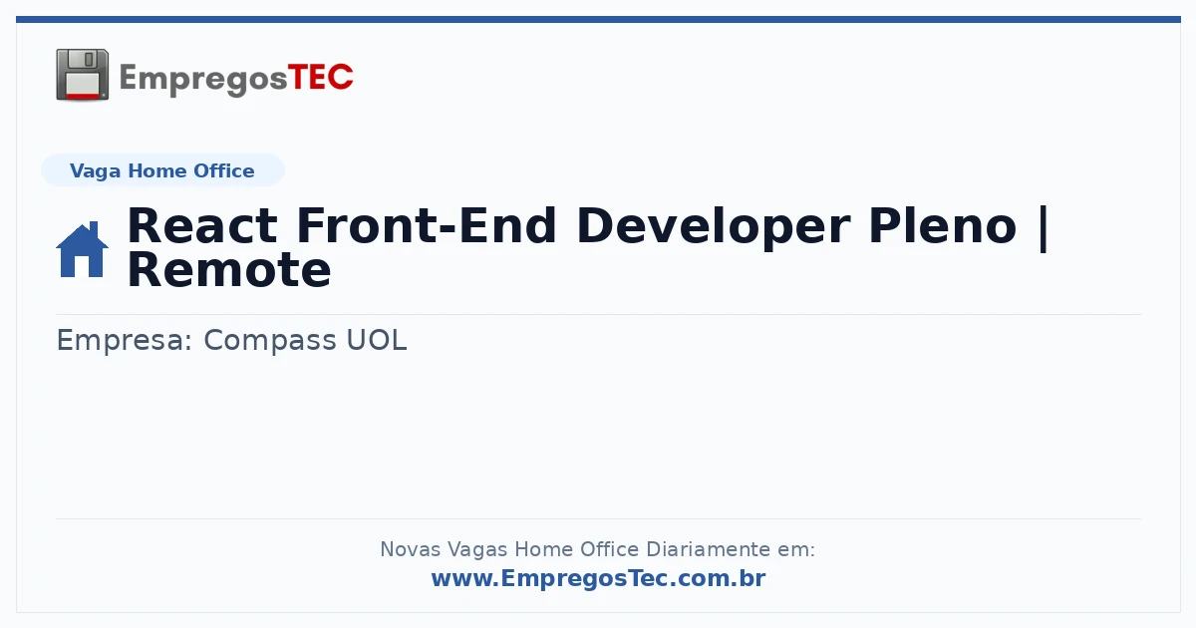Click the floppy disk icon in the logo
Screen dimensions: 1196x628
[82, 75]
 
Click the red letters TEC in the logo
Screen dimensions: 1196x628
[320, 78]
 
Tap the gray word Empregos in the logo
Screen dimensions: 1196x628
[203, 80]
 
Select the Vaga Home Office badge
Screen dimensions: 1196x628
[162, 170]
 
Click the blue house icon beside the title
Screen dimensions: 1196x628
[82, 249]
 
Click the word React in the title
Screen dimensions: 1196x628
[202, 226]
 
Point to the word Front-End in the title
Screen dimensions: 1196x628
[427, 226]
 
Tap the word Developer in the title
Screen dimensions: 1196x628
[714, 227]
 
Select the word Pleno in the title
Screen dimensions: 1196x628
[943, 226]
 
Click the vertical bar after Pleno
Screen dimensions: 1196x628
[1044, 227]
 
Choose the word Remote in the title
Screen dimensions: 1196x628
[229, 271]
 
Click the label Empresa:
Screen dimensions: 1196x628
[125, 341]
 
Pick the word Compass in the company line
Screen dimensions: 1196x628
[270, 340]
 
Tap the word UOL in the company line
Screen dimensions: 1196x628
[377, 340]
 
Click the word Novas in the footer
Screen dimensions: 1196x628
[411, 549]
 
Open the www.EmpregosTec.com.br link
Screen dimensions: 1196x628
[599, 578]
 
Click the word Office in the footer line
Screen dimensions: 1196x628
[610, 549]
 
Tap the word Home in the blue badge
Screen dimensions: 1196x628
[157, 170]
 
